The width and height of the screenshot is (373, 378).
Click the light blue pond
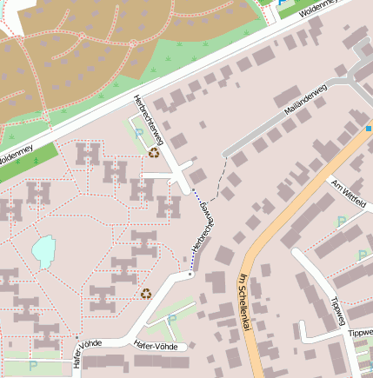pyautogui.click(x=43, y=252)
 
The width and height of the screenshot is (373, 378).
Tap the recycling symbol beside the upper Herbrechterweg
pyautogui.click(x=155, y=153)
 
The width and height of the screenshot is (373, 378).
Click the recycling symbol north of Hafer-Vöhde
pyautogui.click(x=146, y=294)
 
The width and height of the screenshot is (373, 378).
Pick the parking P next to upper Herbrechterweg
pyautogui.click(x=139, y=135)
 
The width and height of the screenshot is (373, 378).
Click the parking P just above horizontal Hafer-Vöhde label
pyautogui.click(x=171, y=319)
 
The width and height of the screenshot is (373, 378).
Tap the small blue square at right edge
pyautogui.click(x=369, y=129)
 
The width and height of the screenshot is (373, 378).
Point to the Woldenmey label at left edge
pyautogui.click(x=16, y=156)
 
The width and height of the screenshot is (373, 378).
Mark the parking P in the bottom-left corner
pyautogui.click(x=33, y=366)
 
